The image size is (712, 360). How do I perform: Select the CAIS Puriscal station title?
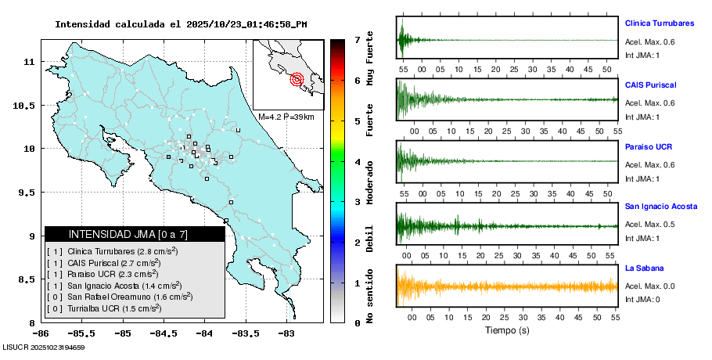click(x=650, y=85)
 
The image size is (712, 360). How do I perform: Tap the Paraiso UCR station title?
click(x=649, y=146)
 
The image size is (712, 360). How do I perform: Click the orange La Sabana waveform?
click(x=507, y=286)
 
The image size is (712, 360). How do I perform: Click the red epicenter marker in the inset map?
click(x=297, y=78)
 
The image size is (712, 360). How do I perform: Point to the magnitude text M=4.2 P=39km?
click(x=286, y=117)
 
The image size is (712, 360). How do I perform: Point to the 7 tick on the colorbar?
click(x=357, y=39)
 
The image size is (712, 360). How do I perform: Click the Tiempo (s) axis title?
click(x=507, y=330)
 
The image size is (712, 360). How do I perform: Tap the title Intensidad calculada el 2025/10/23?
click(x=181, y=24)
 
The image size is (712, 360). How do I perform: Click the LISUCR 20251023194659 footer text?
click(x=44, y=347)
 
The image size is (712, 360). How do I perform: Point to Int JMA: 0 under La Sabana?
click(x=642, y=300)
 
